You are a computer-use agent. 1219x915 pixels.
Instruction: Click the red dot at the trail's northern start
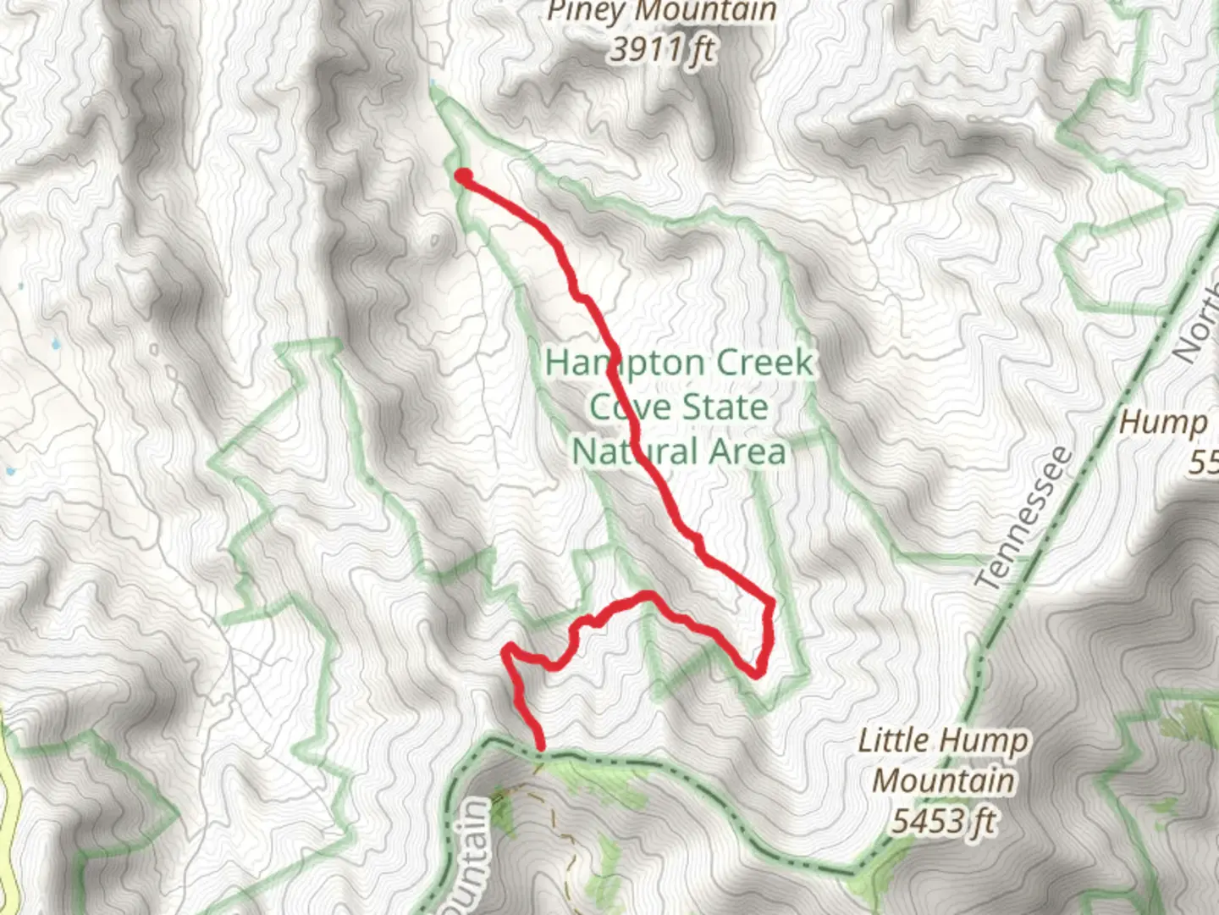tap(464, 176)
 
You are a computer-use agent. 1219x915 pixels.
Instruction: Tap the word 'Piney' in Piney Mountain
tap(587, 12)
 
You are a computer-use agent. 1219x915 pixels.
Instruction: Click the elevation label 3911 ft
tap(662, 50)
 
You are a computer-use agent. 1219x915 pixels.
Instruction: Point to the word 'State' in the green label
tap(725, 407)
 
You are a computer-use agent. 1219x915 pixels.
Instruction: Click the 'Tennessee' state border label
tap(1023, 518)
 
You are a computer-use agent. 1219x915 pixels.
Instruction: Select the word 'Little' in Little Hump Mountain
tap(894, 740)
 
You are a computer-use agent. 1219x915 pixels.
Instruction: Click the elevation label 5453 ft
tap(943, 820)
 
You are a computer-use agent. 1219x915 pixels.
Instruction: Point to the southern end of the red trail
tap(539, 746)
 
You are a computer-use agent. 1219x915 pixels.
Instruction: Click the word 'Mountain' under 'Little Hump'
tap(943, 780)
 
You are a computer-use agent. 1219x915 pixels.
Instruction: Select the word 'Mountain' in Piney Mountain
tap(707, 12)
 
